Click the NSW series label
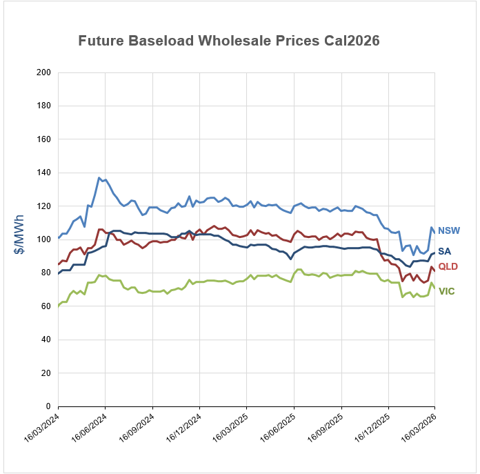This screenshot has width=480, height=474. tap(448, 230)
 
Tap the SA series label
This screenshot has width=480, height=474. tap(444, 250)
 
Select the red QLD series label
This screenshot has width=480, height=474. tap(448, 266)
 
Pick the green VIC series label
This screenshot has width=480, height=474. tap(446, 292)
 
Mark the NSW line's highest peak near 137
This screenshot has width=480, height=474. tap(99, 178)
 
